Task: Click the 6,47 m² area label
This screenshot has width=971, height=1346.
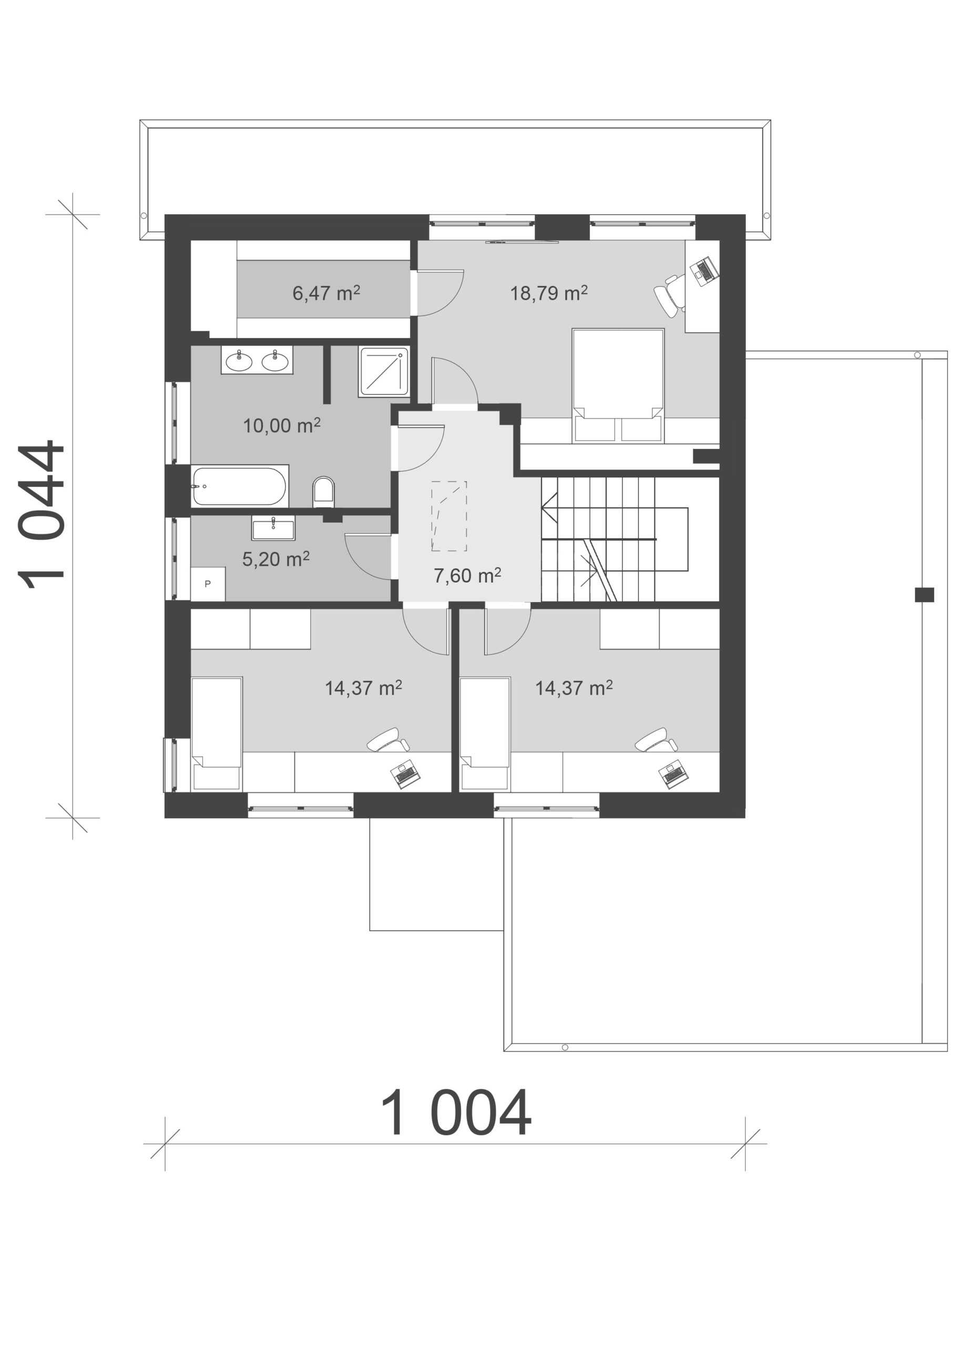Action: pyautogui.click(x=326, y=292)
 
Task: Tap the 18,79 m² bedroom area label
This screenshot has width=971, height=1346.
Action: pyautogui.click(x=549, y=292)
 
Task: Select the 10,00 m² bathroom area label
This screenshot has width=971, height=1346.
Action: pyautogui.click(x=282, y=425)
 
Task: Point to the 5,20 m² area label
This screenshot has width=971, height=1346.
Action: pyautogui.click(x=276, y=558)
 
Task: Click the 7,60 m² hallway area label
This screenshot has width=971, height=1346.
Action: pyautogui.click(x=468, y=575)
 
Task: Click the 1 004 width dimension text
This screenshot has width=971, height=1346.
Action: pyautogui.click(x=455, y=1114)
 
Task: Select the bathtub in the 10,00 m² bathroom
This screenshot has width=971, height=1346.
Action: pyautogui.click(x=240, y=486)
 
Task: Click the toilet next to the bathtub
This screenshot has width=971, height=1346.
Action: pyautogui.click(x=323, y=492)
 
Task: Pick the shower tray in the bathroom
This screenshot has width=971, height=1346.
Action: pyautogui.click(x=383, y=372)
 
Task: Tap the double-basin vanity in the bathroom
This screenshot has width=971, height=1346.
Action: pyautogui.click(x=257, y=360)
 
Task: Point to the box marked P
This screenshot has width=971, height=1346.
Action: pyautogui.click(x=208, y=584)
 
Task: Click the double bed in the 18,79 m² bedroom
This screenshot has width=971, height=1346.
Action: pyautogui.click(x=618, y=386)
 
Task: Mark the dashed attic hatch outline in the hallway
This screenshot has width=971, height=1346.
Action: pyautogui.click(x=449, y=516)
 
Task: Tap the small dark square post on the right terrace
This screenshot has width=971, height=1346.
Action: pyautogui.click(x=924, y=594)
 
